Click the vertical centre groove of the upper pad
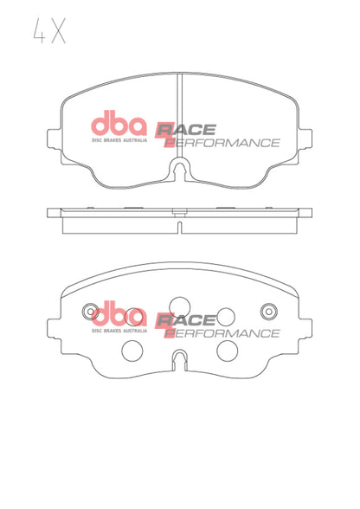179,108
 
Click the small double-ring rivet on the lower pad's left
89,311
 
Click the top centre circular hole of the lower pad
179,302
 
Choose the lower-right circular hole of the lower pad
227,350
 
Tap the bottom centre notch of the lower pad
179,359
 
